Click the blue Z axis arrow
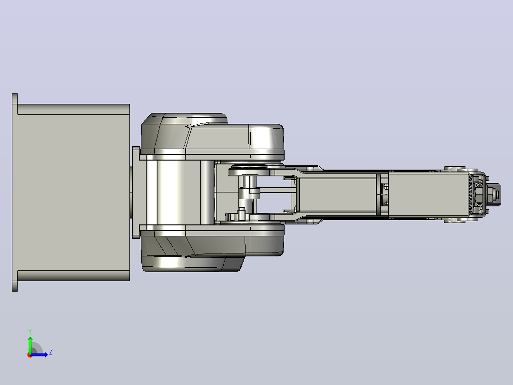coord(39,355)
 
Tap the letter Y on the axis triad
coord(30,331)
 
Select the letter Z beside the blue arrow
coord(51,352)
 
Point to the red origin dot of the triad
coord(30,355)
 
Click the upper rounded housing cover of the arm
coord(212,137)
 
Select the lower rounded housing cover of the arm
coord(212,248)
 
